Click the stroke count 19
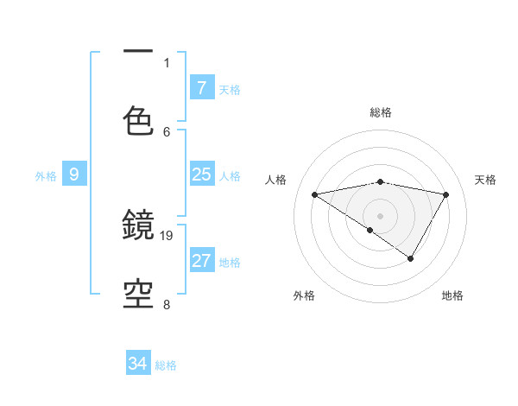coord(167,235)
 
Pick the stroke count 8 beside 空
coord(167,304)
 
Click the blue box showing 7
coord(201,87)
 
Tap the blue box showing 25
coord(201,174)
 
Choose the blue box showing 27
coord(201,261)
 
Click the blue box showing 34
coord(137,364)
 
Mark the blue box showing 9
coord(74,174)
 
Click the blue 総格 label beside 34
coord(166,365)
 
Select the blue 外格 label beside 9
coord(45,176)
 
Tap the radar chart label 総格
coord(381,112)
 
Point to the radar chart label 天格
coord(486,180)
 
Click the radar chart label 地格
coord(452,295)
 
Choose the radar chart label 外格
coord(304,295)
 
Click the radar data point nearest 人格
coord(315,194)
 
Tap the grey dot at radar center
coord(381,214)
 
